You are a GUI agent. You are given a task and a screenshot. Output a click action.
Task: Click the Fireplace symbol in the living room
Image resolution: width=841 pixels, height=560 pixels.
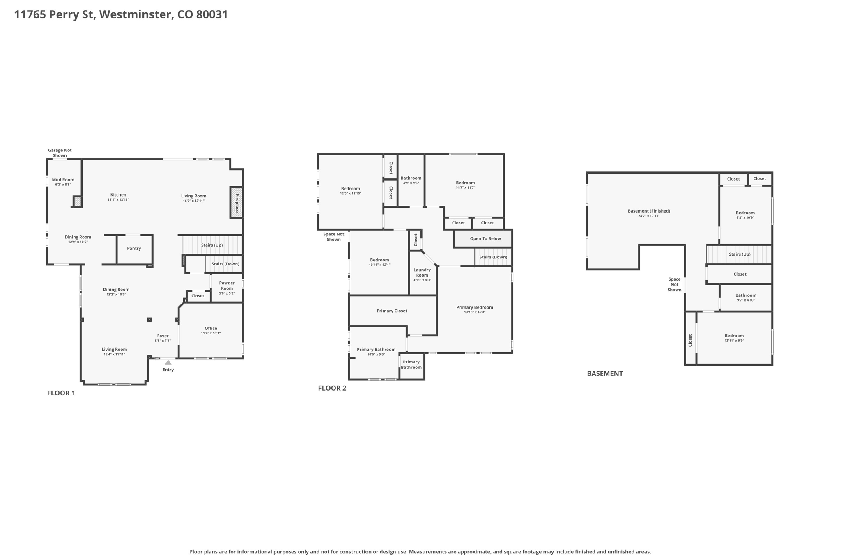236,202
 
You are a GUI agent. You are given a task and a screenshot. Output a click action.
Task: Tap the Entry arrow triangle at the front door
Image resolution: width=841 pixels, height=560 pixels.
168,362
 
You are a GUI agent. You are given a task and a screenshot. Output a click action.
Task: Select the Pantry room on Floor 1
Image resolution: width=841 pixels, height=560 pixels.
134,249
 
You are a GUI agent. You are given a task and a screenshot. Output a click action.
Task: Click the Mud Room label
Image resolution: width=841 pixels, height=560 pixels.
63,180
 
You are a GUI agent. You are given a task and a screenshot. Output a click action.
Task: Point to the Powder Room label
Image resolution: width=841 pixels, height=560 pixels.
227,286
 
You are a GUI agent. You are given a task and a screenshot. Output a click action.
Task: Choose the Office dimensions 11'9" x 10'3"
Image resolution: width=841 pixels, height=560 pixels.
211,333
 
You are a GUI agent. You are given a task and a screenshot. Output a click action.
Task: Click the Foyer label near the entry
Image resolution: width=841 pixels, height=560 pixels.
163,336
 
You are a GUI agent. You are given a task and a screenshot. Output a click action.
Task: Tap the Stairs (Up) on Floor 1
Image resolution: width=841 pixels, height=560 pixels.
212,245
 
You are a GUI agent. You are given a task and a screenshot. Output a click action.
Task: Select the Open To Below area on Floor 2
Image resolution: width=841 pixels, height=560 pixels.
485,238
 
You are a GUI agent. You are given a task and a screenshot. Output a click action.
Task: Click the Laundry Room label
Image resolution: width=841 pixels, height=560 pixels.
422,272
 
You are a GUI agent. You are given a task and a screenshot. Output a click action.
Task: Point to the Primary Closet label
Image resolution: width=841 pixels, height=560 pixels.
392,311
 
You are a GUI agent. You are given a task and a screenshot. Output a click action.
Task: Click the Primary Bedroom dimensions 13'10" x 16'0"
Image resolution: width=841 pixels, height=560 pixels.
475,312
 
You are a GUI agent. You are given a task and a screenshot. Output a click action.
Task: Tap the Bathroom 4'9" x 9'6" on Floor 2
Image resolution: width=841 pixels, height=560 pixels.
411,181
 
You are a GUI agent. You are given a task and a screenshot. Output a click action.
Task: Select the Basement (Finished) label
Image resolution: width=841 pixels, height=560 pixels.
649,211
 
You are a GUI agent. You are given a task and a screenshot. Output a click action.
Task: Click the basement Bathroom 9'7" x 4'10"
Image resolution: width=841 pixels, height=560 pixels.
745,297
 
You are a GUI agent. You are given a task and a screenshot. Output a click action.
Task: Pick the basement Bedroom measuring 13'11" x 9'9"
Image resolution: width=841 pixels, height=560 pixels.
734,338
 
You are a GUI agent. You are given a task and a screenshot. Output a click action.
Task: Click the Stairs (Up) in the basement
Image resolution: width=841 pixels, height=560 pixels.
740,254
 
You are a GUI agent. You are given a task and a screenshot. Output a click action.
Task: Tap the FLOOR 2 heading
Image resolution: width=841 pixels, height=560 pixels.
332,388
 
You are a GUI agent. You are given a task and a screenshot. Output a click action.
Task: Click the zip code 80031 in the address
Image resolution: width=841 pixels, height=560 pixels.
212,14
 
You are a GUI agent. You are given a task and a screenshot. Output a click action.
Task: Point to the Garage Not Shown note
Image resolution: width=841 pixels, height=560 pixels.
60,153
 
